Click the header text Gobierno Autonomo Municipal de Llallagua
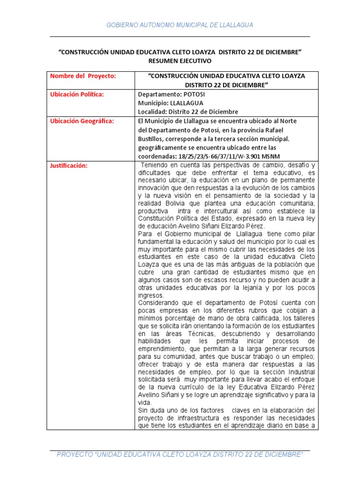(180, 25)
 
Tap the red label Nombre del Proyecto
(83, 76)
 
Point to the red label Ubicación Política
(77, 94)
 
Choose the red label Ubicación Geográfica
(82, 121)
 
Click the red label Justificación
(69, 165)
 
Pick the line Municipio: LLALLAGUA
(171, 103)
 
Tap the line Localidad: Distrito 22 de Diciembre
(188, 112)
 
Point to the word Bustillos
(151, 139)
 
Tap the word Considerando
(160, 302)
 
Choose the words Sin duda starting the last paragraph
(151, 410)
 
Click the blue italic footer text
(180, 455)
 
